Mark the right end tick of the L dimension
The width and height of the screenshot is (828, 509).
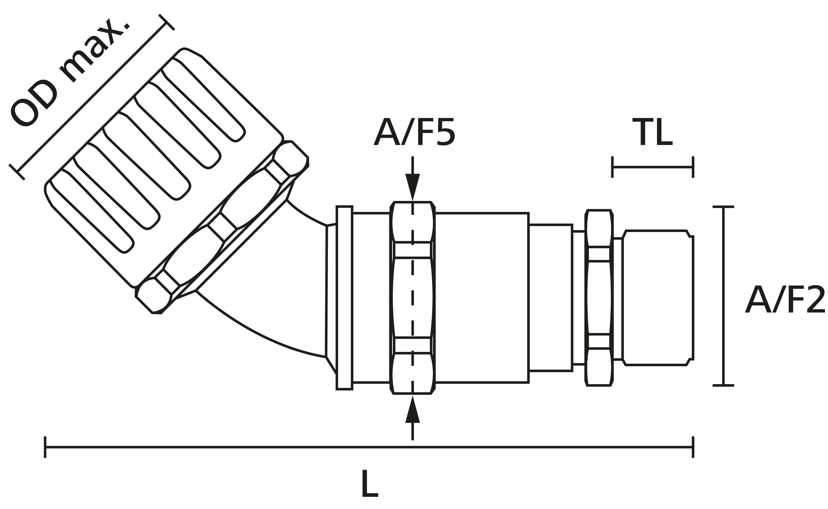click(x=693, y=447)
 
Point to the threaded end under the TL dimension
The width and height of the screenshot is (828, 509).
click(x=657, y=298)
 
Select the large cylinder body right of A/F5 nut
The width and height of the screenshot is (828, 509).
click(x=482, y=298)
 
